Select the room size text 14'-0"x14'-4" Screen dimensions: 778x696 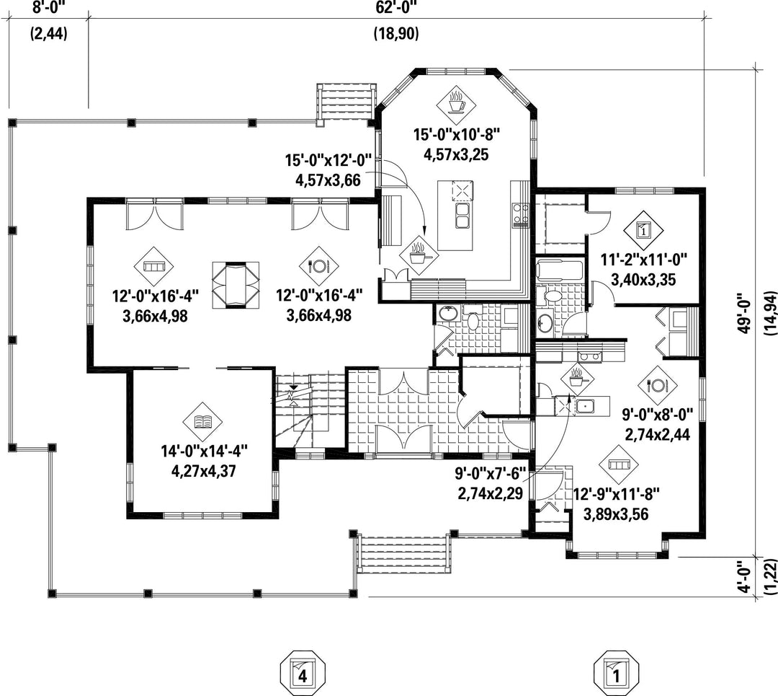click(x=204, y=451)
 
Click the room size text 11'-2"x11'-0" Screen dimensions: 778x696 click(x=643, y=260)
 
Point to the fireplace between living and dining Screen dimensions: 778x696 click(x=236, y=285)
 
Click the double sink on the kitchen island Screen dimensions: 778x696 click(x=462, y=215)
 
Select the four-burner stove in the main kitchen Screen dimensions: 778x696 click(x=521, y=214)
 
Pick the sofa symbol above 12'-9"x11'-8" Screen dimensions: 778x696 click(x=618, y=464)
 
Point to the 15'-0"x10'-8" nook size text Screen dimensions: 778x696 click(x=457, y=135)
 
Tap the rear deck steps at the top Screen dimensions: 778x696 click(x=346, y=104)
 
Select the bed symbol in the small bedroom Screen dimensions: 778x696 click(x=643, y=230)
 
